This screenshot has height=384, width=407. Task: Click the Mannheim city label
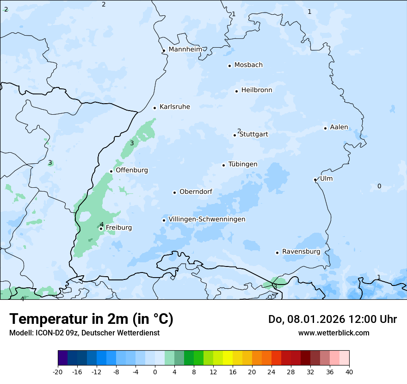coord(185,50)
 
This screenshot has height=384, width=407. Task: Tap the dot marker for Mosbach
coord(229,66)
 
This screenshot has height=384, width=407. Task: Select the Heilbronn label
coord(257,90)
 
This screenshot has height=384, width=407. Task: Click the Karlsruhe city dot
coord(155,108)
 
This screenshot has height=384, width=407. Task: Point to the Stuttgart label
coord(253,135)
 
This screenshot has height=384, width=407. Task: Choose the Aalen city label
coord(339,127)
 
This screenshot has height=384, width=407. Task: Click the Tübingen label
coord(243,164)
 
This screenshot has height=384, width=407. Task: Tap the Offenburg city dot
coord(111,171)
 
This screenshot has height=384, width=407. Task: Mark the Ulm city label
coord(326,179)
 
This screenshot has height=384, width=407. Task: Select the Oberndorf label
coord(196,192)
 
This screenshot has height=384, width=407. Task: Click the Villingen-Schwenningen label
coord(207,219)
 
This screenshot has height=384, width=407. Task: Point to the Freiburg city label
coord(118,228)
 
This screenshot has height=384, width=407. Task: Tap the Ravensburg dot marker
coord(277,253)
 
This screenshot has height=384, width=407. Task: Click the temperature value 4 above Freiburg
coord(102,224)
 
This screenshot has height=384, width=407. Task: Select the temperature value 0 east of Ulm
coord(379,186)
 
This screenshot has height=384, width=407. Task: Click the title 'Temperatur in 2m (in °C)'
coord(92,319)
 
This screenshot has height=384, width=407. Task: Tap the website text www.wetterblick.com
coord(333,333)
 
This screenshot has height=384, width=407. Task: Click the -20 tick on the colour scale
coord(58,372)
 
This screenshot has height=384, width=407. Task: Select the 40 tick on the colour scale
coord(349,372)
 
